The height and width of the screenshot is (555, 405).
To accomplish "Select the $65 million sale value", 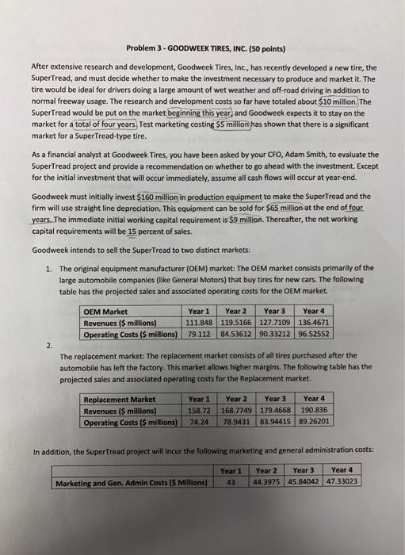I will point(289,205).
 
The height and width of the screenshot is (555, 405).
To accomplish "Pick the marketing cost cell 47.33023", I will point(341,480).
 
